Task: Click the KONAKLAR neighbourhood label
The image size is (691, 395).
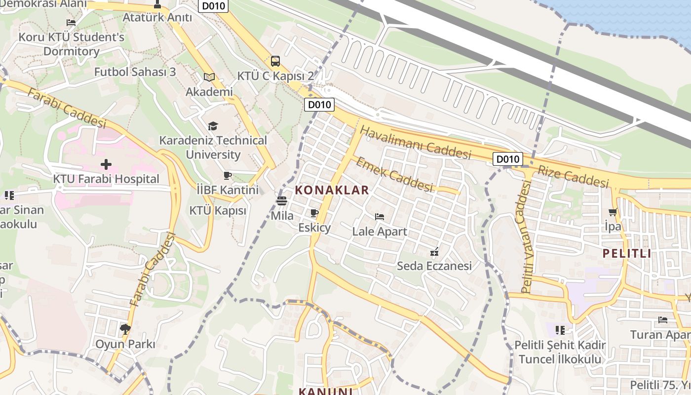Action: coord(332,190)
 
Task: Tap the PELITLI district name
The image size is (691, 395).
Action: coord(626,254)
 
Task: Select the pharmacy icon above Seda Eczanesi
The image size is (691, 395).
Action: coord(434,252)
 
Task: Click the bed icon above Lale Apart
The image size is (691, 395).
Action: coord(379,217)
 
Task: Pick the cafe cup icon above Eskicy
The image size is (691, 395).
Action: coord(314,213)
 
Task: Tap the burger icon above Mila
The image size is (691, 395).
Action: coord(282,201)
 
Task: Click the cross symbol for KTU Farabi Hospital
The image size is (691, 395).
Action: coord(106,164)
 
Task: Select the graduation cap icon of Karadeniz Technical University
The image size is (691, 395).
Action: coord(213,126)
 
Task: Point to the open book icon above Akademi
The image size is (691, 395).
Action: coord(209,77)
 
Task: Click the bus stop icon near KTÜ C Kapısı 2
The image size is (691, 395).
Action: coord(275,61)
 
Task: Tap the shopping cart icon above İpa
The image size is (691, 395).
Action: coord(613,212)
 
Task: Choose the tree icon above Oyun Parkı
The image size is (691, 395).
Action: coord(125,329)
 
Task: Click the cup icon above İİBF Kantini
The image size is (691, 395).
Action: coord(228,175)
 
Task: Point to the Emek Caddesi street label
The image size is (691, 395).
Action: coord(394,174)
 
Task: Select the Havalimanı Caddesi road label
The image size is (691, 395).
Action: coord(416,143)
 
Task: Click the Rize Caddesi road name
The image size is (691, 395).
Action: coord(573,177)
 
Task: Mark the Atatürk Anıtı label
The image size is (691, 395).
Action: coord(157,17)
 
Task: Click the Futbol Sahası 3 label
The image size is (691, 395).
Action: coord(135,72)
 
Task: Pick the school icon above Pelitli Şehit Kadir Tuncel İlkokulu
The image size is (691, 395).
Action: coord(560,330)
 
